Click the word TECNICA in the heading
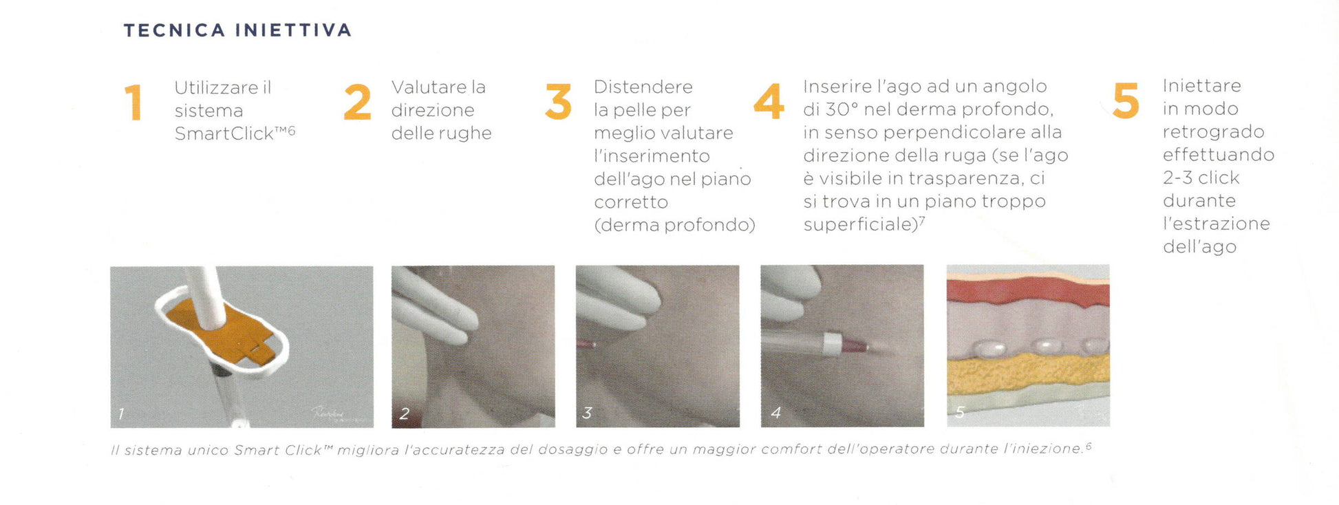(x=175, y=30)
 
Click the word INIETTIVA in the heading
(x=293, y=30)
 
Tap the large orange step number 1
(x=133, y=103)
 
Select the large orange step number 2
(x=357, y=102)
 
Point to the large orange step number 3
(x=558, y=102)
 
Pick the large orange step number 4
(x=769, y=101)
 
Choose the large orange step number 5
(x=1126, y=100)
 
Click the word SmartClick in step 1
(x=224, y=133)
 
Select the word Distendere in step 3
(x=643, y=87)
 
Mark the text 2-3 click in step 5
(x=1201, y=178)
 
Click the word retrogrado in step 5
(x=1214, y=132)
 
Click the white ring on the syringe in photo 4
(x=832, y=343)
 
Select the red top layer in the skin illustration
(x=1028, y=292)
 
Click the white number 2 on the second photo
(x=405, y=413)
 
